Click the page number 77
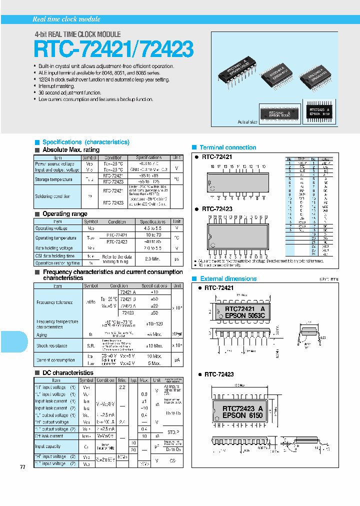pyautogui.click(x=22, y=466)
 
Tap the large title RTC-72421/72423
pyautogui.click(x=113, y=49)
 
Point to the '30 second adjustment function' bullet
pyautogui.click(x=70, y=92)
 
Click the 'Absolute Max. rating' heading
pyautogui.click(x=71, y=150)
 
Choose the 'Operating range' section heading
pyautogui.click(x=65, y=214)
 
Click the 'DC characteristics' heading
pyautogui.click(x=68, y=372)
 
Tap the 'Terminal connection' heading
pyautogui.click(x=227, y=147)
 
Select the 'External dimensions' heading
pyautogui.click(x=228, y=278)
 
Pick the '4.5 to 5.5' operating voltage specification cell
pyautogui.click(x=152, y=228)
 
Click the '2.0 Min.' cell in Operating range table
pyautogui.click(x=152, y=259)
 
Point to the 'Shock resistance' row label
pyautogui.click(x=52, y=345)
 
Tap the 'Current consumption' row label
pyautogui.click(x=55, y=360)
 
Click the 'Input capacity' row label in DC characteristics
pyautogui.click(x=47, y=446)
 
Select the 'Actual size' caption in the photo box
pyautogui.click(x=247, y=121)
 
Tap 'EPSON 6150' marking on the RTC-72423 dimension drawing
pyautogui.click(x=242, y=415)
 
